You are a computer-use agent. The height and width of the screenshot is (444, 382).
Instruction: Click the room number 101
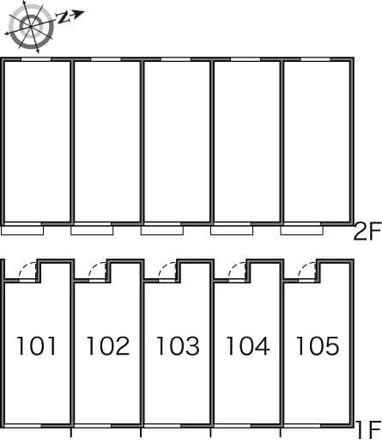(x=37, y=346)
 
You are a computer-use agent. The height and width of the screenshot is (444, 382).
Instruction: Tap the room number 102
(x=107, y=346)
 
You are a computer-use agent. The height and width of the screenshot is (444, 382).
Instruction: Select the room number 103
(x=178, y=346)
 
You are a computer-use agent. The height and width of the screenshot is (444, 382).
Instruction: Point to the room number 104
(x=247, y=346)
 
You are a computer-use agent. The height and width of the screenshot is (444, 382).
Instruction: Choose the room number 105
(x=317, y=346)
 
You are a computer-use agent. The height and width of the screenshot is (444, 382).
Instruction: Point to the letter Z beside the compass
(x=64, y=17)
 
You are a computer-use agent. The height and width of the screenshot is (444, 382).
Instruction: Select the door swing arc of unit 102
(x=98, y=270)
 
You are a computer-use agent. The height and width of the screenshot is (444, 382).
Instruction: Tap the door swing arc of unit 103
(x=168, y=270)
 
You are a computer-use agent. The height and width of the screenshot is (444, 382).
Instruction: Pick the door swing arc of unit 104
(x=238, y=270)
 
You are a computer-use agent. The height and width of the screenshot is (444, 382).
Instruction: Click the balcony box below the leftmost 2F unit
(x=22, y=230)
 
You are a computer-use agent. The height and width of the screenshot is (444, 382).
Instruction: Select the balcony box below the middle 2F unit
(x=162, y=230)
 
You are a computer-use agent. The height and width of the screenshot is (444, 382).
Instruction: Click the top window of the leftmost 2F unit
(x=35, y=59)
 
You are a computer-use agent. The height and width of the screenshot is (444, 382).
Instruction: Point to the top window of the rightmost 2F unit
(x=315, y=59)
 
